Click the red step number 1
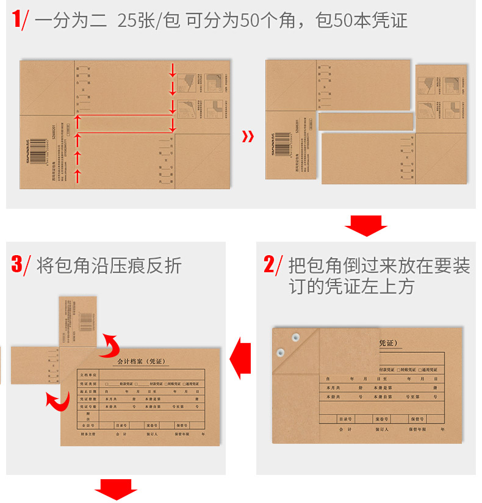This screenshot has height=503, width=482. pos(16,20)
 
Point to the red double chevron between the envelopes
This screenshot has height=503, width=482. pos(248,136)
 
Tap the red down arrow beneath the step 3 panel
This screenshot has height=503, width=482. pos(115,489)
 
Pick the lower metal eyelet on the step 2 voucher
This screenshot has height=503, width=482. pos(281,352)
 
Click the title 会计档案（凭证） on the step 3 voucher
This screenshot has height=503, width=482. pos(141,361)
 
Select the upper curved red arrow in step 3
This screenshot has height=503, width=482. pos(111,346)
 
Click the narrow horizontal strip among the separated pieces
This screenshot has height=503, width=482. pos(364,121)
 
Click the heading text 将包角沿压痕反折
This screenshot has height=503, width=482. pos(109,266)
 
